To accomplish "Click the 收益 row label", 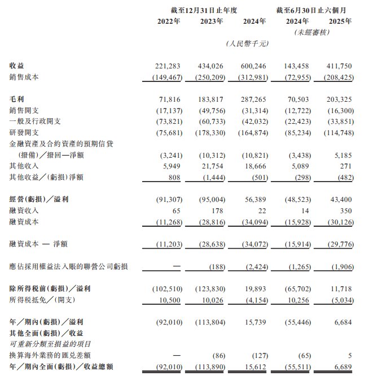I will [17, 66].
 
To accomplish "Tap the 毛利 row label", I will [17, 98].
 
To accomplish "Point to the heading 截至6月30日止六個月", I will [311, 10].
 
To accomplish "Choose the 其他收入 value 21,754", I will [212, 166].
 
